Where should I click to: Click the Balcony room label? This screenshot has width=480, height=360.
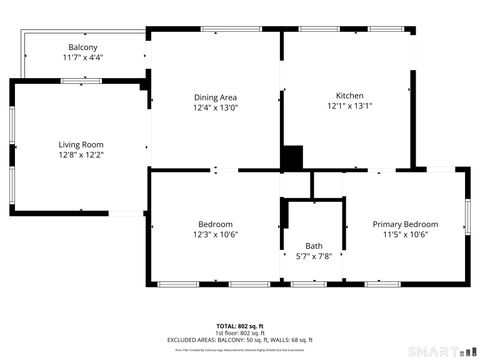coord(83,48)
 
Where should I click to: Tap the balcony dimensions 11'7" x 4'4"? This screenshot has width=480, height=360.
coord(83,58)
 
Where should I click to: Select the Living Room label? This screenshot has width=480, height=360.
coord(81,145)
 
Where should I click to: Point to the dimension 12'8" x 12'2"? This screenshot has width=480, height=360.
coord(81,155)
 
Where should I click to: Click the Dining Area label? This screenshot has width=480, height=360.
coord(215,97)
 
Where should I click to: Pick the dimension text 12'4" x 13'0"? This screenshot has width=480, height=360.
coord(215,107)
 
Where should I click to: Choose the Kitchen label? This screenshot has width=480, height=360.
coord(348,97)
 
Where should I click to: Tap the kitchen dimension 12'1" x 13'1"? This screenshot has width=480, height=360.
coord(348,107)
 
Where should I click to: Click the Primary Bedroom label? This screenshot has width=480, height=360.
coord(405,224)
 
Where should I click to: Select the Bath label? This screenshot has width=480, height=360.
coord(314,246)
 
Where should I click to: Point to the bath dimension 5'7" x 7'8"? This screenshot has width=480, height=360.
coord(314,256)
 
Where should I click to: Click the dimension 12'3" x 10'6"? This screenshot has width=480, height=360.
coord(215,234)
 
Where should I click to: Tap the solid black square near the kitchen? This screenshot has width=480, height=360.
coord(292,158)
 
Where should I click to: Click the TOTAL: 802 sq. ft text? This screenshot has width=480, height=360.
coord(240,326)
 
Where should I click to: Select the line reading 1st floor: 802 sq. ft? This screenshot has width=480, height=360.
coord(240,333)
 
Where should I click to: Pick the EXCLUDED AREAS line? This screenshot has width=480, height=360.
coord(240,340)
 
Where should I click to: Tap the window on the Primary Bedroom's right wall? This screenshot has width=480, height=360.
coord(466,216)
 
